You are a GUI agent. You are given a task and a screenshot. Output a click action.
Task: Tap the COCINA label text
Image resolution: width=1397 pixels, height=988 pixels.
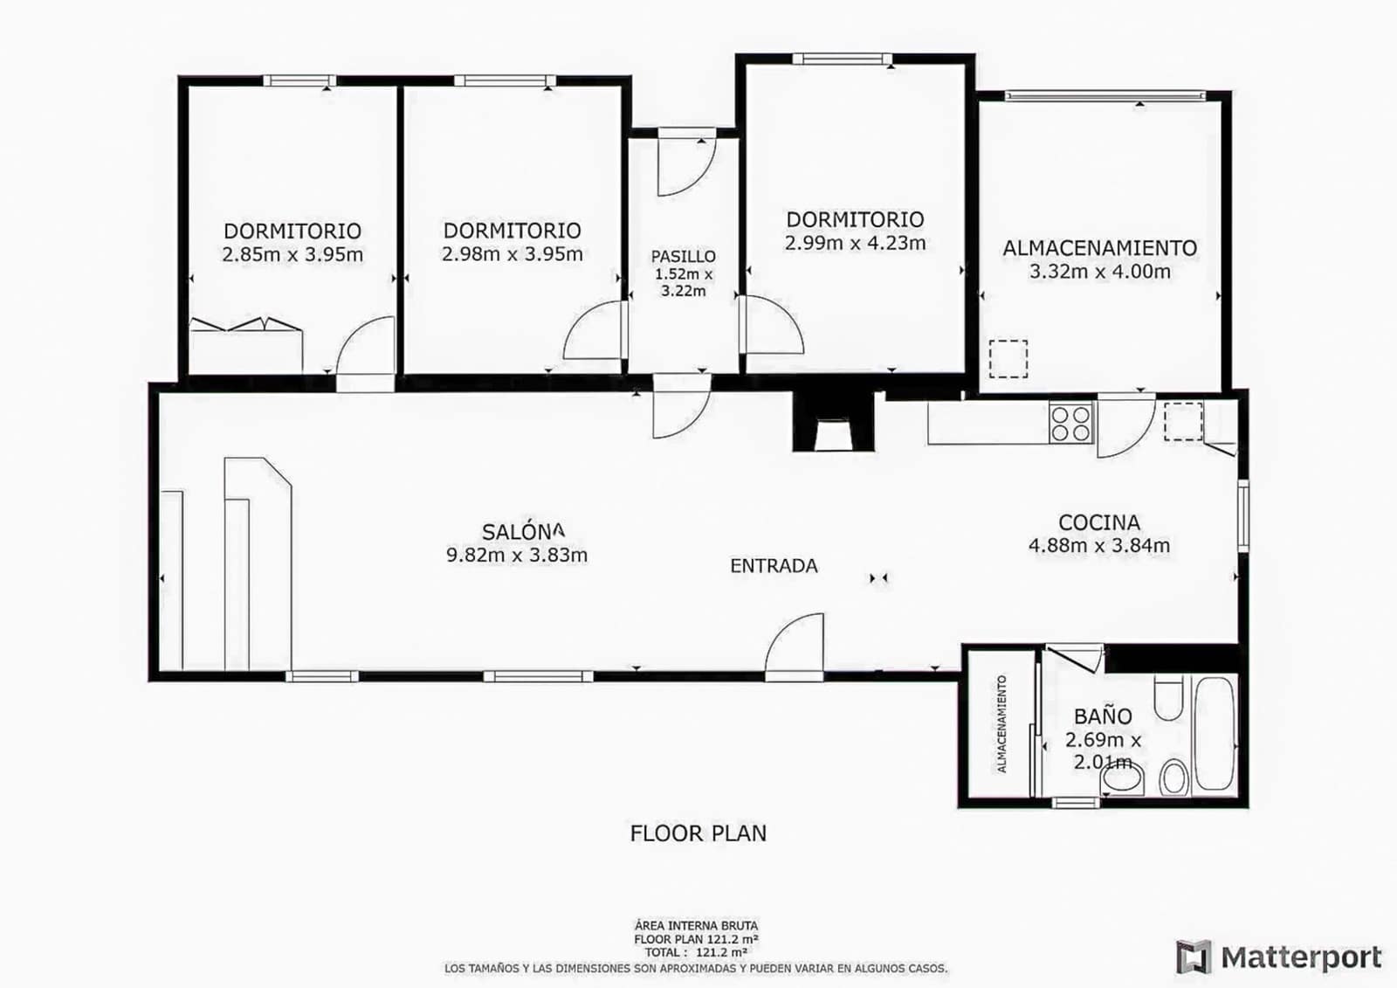(1098, 522)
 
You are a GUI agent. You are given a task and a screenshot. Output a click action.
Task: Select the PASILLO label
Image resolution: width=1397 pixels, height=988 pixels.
(683, 256)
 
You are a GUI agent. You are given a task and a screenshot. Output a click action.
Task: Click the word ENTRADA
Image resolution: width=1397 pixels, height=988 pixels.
(774, 566)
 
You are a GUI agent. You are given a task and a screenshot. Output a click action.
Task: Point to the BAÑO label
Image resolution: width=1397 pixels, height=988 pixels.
(1103, 716)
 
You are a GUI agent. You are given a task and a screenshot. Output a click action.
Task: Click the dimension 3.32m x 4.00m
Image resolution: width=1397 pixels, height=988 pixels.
(1099, 272)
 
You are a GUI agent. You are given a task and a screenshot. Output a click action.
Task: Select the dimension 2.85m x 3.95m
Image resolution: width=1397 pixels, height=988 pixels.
(292, 255)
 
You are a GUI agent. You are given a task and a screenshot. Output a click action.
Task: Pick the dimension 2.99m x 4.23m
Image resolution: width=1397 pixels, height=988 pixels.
(855, 244)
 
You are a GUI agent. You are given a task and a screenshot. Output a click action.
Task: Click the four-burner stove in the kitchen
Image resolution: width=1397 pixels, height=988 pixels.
(1070, 423)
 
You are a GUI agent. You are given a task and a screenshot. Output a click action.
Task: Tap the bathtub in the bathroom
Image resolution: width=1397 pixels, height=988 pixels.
(1215, 734)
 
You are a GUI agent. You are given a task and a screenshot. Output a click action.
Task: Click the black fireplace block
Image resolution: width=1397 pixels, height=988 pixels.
(833, 422)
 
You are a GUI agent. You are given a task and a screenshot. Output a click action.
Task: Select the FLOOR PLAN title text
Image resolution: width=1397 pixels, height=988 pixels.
(698, 833)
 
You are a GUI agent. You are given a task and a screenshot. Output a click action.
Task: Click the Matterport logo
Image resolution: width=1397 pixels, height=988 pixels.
(1279, 957)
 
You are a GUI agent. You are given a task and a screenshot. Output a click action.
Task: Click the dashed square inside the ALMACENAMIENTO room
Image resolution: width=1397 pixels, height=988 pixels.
(1008, 358)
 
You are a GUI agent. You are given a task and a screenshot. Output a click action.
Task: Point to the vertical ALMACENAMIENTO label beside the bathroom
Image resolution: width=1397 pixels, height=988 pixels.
(1001, 723)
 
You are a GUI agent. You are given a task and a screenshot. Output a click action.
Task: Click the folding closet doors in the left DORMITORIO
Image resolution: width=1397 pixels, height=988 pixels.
(246, 325)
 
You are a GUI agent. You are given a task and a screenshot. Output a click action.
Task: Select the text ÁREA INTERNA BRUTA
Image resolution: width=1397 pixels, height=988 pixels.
(696, 925)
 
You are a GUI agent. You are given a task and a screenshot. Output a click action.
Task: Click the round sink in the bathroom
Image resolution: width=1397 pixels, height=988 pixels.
(1173, 777)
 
